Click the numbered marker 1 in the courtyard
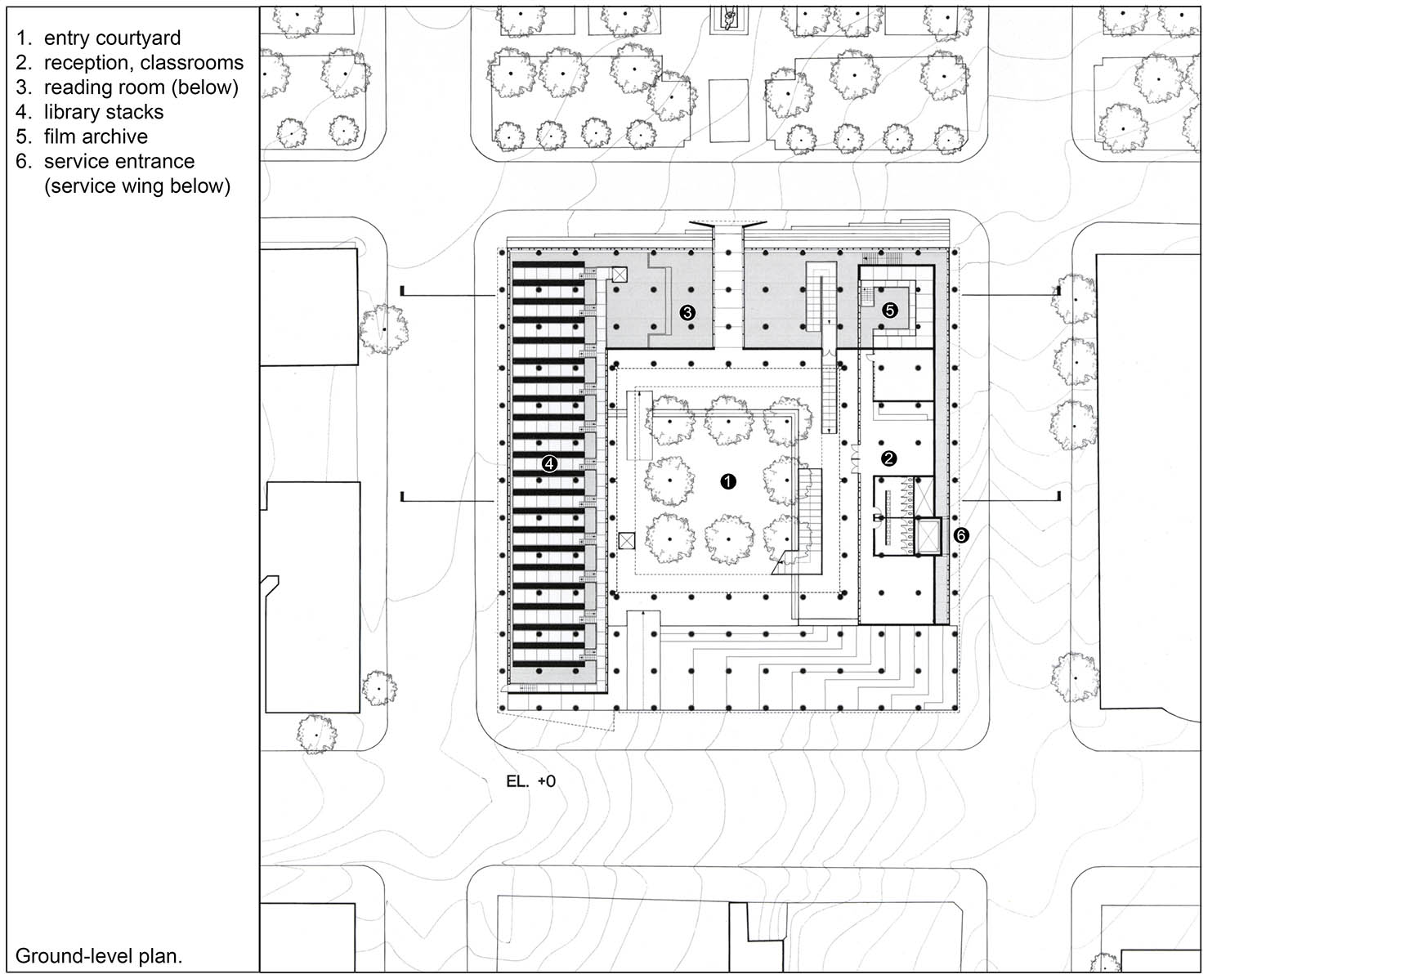[727, 481]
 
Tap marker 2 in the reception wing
[888, 458]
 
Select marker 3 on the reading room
[687, 312]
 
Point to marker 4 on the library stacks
[549, 463]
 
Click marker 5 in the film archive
[890, 310]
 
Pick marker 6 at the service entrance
[961, 535]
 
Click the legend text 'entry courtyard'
[112, 38]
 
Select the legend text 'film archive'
[96, 136]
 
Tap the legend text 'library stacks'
[103, 112]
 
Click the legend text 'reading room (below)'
[141, 87]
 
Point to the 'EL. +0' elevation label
[530, 781]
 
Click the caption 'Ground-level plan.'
[99, 955]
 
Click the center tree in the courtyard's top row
[729, 418]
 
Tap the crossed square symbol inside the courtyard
[627, 540]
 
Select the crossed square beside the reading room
[620, 275]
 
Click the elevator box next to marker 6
[929, 535]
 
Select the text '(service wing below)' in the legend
[137, 186]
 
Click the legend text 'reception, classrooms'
[143, 63]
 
